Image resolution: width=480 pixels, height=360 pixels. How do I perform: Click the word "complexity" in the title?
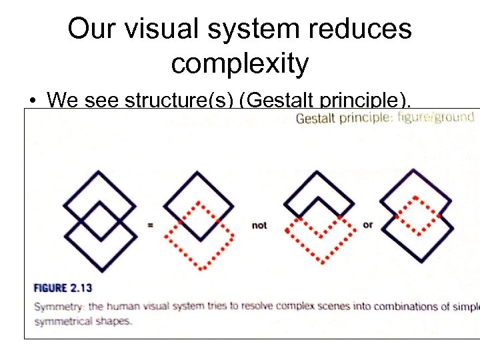tap(239, 63)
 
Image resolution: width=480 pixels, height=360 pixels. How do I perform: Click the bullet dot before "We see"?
tap(32, 101)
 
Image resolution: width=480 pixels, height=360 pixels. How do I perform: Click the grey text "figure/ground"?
tap(435, 118)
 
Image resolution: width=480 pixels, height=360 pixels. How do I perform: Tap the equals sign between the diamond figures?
tap(150, 225)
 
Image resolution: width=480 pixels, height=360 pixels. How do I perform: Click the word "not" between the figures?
tap(259, 225)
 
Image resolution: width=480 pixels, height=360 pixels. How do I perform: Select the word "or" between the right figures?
tap(367, 225)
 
